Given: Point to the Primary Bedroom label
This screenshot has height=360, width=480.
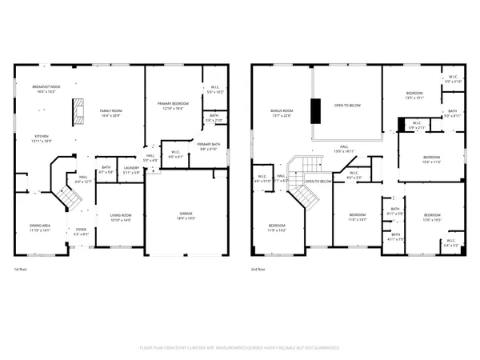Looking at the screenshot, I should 172,104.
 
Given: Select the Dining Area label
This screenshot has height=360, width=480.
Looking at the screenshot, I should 41,227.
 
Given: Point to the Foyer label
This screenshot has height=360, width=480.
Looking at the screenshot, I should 81,233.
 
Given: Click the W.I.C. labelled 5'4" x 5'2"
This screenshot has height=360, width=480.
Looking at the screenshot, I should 450,243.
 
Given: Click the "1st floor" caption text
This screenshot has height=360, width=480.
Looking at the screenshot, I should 21,270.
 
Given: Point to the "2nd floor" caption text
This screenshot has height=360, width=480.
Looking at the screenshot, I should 258,270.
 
